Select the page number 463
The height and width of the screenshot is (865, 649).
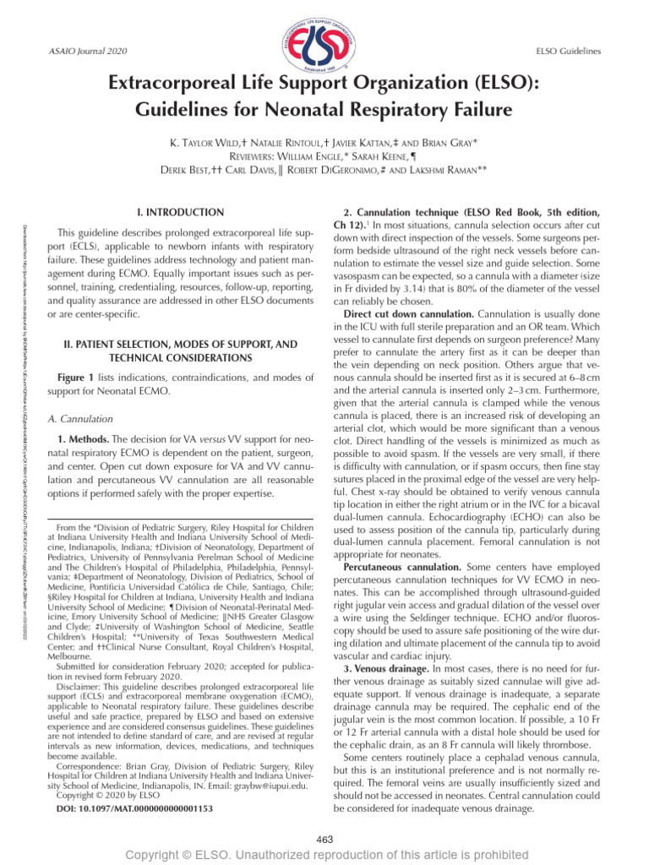coord(324,838)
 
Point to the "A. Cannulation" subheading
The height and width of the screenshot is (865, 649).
coord(79,417)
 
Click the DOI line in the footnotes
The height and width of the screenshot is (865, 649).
coord(134,808)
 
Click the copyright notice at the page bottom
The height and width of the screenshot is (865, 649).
coord(324,856)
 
